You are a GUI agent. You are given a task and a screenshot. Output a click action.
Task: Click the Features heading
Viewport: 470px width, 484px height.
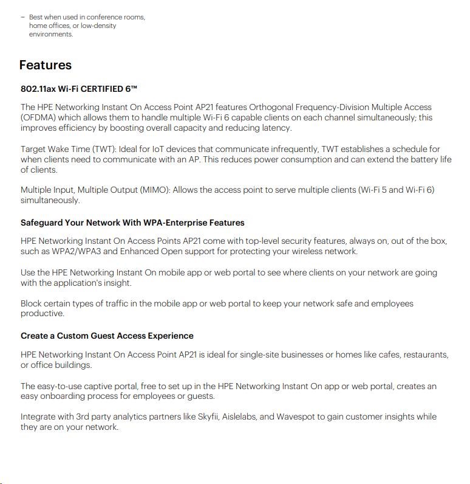[x=46, y=65]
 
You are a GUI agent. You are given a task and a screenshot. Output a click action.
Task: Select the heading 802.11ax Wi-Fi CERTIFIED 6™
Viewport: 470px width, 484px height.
[x=79, y=89]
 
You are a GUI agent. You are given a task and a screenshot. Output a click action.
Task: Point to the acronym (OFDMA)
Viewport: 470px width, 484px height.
[x=40, y=117]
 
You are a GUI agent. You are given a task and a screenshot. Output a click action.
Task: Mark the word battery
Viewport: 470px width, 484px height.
[x=421, y=159]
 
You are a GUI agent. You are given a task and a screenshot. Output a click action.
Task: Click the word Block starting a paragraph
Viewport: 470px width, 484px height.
[x=32, y=303]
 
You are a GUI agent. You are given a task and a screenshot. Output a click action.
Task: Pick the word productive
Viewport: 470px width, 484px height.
[x=42, y=314]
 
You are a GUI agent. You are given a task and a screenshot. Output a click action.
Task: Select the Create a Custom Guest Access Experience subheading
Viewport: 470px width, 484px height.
[x=107, y=336]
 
